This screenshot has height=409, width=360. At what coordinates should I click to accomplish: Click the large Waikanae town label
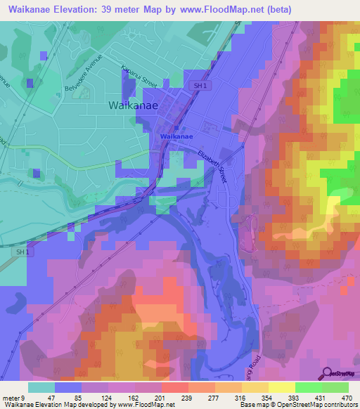(133, 105)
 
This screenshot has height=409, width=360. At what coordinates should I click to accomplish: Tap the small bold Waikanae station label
(176, 136)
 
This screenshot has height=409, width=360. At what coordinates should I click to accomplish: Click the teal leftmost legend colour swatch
(41, 387)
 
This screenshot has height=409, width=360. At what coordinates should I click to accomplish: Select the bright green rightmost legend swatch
(335, 387)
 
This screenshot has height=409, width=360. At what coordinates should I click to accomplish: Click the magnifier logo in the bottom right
(328, 372)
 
